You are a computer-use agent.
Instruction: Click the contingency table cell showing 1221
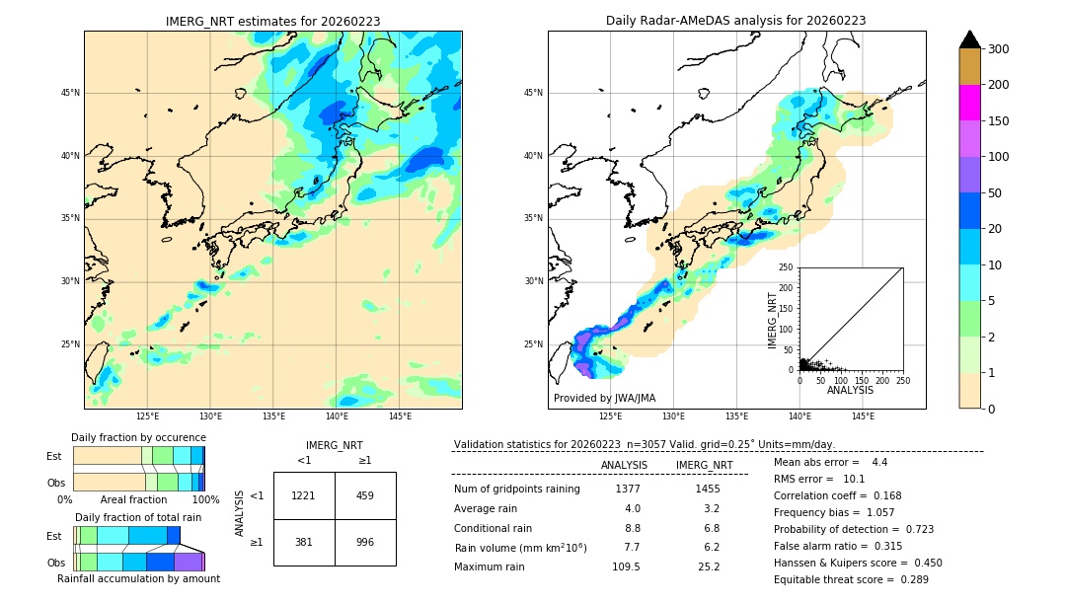pyautogui.click(x=303, y=495)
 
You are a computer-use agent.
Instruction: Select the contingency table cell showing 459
pyautogui.click(x=364, y=495)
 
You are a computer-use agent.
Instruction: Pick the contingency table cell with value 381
pyautogui.click(x=303, y=542)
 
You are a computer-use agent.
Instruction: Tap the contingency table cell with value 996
pyautogui.click(x=364, y=542)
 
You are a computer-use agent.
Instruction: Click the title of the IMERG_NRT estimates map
pyautogui.click(x=272, y=21)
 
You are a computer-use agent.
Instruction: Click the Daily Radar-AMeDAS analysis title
pyautogui.click(x=736, y=21)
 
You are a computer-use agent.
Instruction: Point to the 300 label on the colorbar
pyautogui.click(x=999, y=49)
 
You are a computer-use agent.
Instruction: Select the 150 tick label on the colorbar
pyautogui.click(x=999, y=121)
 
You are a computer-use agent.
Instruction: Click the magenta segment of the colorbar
pyautogui.click(x=969, y=103)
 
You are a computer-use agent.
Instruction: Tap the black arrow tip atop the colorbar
pyautogui.click(x=969, y=38)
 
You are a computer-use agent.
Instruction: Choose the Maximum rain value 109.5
pyautogui.click(x=625, y=566)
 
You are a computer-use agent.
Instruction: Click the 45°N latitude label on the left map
pyautogui.click(x=70, y=93)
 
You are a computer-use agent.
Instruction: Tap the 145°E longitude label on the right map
pyautogui.click(x=863, y=416)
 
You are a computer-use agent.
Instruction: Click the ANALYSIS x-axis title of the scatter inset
pyautogui.click(x=850, y=390)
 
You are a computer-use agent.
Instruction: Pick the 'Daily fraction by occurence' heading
pyautogui.click(x=138, y=437)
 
